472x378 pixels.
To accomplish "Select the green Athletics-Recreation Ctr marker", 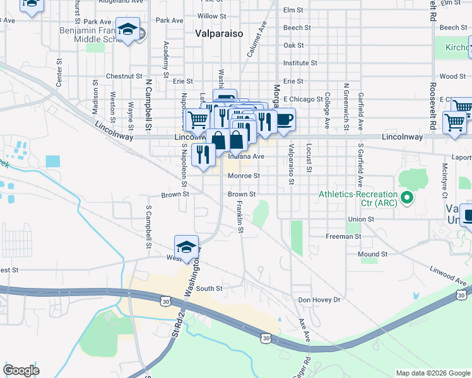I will coord(407,198).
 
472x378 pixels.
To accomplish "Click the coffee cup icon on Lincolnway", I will coord(285,118).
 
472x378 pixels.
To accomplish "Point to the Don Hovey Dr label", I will coord(319,300).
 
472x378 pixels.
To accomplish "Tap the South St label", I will coord(209,289).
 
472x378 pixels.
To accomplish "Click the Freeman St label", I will coord(343,236).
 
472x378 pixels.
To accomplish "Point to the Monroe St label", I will coord(244,176).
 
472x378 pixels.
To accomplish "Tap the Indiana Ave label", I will coord(250,156).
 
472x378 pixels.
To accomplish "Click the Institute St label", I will coord(300,63).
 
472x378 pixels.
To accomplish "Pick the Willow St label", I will coord(211,16).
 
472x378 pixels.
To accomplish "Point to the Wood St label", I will coord(452,76).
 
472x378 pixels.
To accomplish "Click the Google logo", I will coord(21,370).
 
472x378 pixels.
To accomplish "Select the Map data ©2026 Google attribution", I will coord(432,373).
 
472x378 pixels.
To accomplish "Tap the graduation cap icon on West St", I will coord(186,248).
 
